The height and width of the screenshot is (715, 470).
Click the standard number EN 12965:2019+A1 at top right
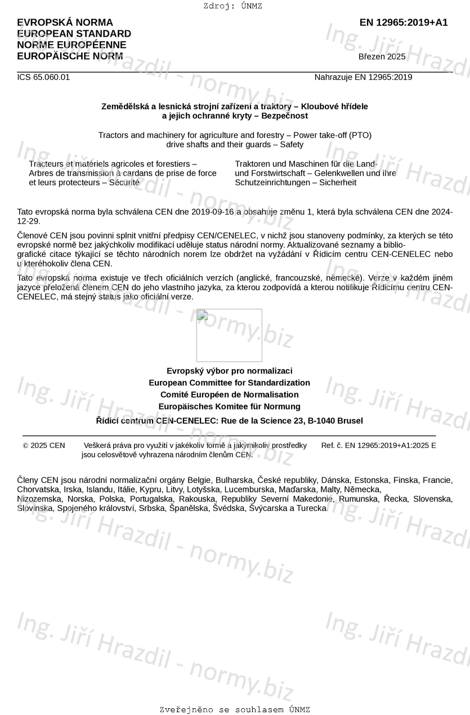tap(404, 23)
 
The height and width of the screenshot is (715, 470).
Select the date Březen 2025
tap(382, 56)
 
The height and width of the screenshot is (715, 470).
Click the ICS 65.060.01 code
tap(43, 77)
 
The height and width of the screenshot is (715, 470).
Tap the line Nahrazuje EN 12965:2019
tap(363, 77)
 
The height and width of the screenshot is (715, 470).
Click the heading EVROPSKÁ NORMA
tap(65, 23)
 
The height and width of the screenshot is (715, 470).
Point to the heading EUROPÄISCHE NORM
tap(70, 56)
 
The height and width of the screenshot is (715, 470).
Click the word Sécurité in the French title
tap(124, 183)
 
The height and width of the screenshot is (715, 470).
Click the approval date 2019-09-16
tap(214, 212)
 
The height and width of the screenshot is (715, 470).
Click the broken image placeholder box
tap(229, 335)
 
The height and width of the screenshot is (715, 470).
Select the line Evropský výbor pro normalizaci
tap(229, 371)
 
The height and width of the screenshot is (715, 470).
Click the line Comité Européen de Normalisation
tap(229, 394)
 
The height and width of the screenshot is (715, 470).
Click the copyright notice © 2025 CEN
tap(44, 446)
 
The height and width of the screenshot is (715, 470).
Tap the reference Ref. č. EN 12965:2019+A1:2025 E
tap(378, 446)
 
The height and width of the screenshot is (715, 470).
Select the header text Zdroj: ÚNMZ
tap(232, 6)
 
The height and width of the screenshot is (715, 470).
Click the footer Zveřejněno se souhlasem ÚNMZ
tap(235, 710)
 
